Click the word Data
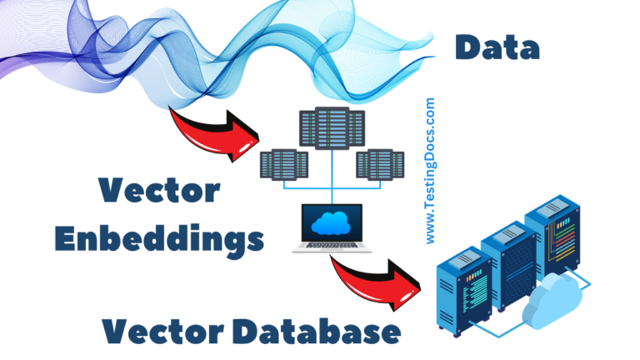(x=497, y=47)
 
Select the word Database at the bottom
(x=321, y=332)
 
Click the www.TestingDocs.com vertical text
(x=430, y=172)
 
